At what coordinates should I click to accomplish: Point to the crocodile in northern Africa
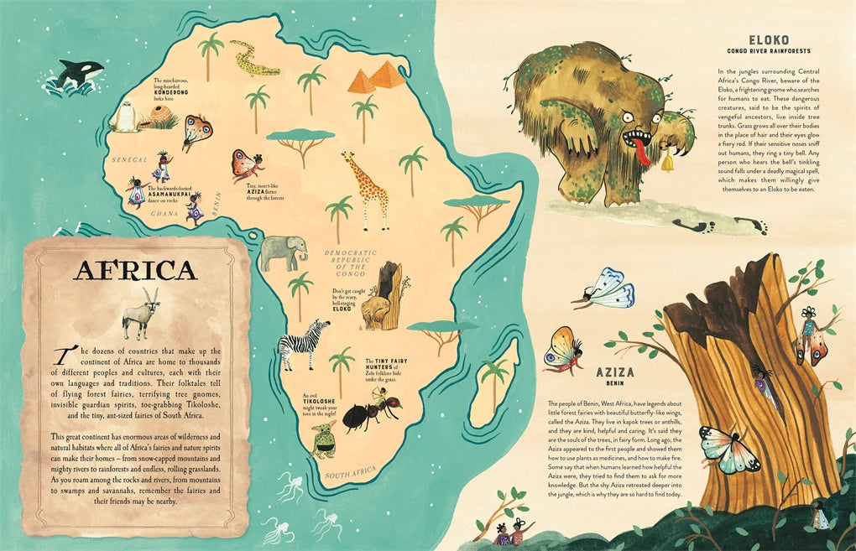click(x=255, y=58)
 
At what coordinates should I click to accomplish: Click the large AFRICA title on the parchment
click(x=135, y=270)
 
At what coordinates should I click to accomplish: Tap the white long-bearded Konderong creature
click(x=125, y=116)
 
